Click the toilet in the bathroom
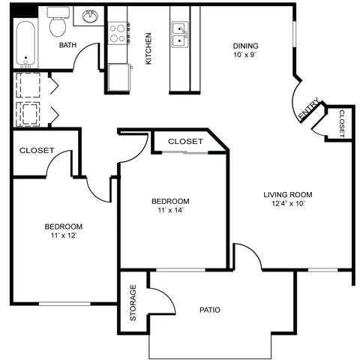[58, 22]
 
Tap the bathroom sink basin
[90, 16]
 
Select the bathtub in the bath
[25, 44]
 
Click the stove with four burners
[118, 33]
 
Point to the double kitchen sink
[180, 34]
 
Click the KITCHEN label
[148, 49]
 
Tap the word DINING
[246, 46]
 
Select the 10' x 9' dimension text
[245, 55]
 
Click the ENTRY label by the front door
[309, 109]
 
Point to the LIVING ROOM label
[288, 194]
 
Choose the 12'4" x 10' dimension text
[288, 203]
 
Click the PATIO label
[210, 310]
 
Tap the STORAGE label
[133, 303]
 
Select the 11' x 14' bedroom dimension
[171, 210]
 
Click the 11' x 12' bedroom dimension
[64, 235]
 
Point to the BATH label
[67, 45]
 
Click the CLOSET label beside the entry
[342, 124]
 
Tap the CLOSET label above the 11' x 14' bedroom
[185, 142]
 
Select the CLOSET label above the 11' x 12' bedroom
[37, 150]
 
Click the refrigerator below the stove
[119, 77]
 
